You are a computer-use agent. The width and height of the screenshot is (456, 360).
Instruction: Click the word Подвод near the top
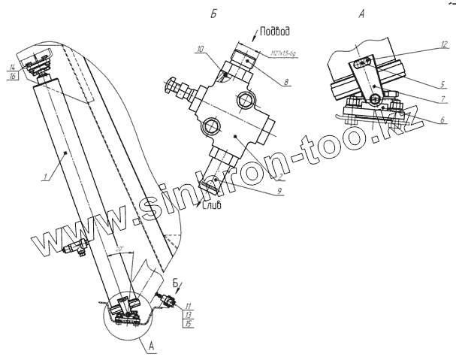point(273,32)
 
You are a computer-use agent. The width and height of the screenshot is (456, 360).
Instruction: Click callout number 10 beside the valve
point(201,50)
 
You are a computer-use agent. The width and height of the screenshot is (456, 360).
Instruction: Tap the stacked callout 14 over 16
point(14,72)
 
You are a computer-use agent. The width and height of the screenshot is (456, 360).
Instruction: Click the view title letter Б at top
point(214,14)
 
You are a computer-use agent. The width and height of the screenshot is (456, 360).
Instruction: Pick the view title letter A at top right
point(361,14)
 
